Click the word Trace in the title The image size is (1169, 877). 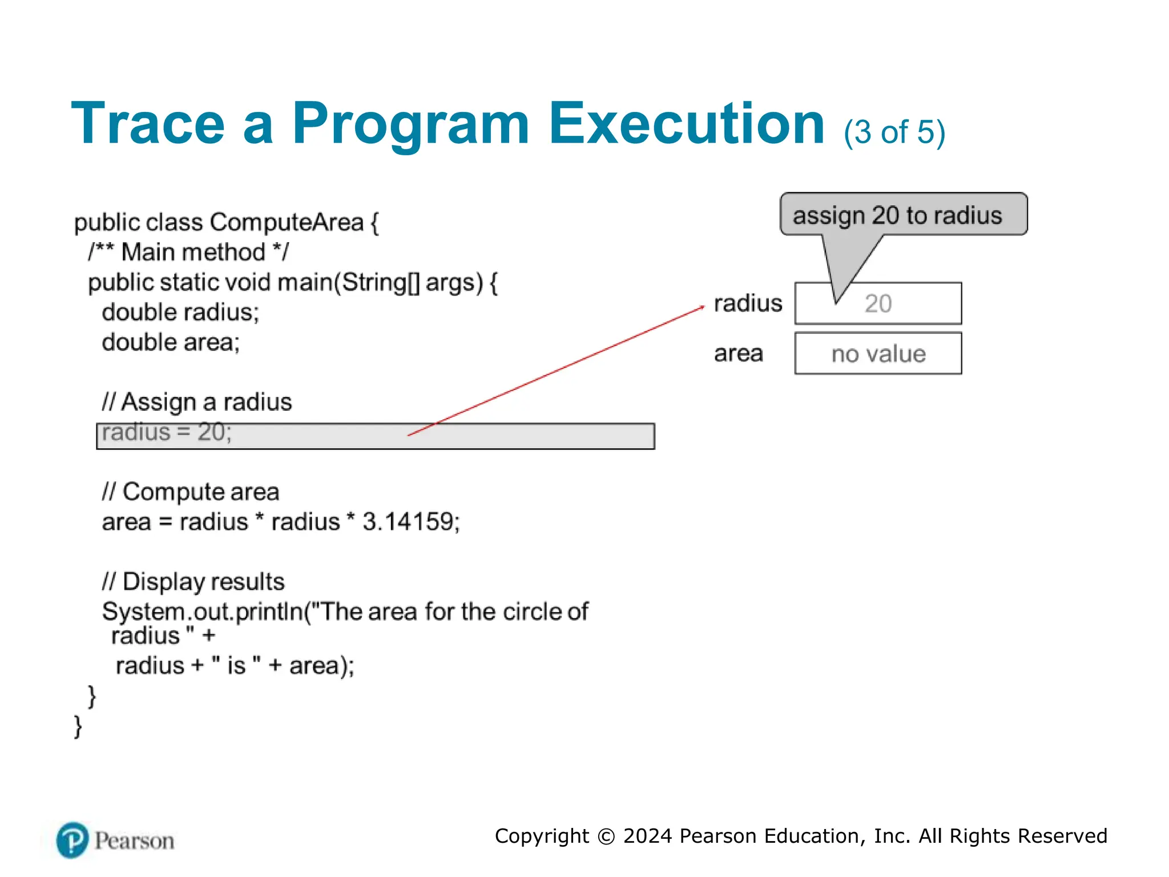coord(148,124)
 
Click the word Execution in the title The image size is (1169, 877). coord(687,124)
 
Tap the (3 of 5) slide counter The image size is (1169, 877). coord(894,132)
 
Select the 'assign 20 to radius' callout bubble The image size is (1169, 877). coord(903,215)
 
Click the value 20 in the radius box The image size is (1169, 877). coord(878,304)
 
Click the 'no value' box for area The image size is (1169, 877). coord(878,354)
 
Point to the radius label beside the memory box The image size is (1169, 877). coord(748,303)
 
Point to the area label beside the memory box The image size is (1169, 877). coord(738,353)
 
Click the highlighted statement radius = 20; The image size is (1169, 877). coord(167,433)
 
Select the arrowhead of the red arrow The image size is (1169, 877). coord(702,307)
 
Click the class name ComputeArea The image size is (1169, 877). coord(287,222)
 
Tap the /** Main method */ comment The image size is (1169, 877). coord(188,252)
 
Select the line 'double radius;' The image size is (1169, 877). coord(180,312)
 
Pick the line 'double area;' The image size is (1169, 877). coord(171,343)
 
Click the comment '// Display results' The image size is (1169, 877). coord(193,582)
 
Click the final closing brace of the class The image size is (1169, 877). coord(78,727)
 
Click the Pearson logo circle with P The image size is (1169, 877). coord(72,840)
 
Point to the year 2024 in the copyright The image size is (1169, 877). coord(647,836)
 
